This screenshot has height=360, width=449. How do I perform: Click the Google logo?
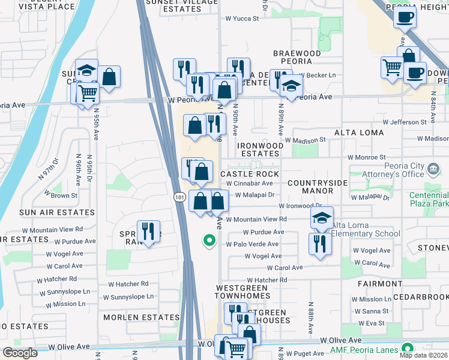20,353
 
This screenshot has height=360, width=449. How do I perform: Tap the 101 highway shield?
179,197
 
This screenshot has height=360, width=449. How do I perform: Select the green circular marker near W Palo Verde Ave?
209,241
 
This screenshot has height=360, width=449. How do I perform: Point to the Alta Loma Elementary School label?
362,234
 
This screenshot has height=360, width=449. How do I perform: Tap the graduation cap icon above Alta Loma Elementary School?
322,218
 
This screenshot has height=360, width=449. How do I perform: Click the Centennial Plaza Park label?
429,200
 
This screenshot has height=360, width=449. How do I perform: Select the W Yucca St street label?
242,19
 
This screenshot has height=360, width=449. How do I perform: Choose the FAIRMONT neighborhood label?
378,283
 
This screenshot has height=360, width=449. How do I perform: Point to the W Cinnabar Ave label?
250,184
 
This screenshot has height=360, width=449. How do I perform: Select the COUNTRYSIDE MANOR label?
310,187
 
